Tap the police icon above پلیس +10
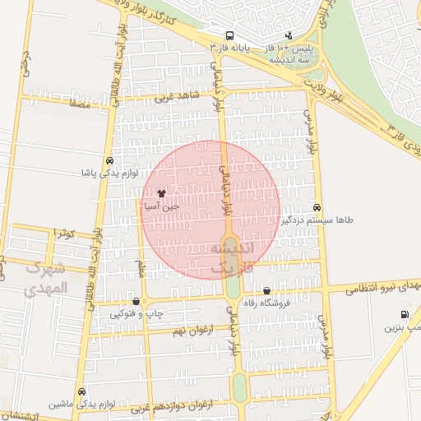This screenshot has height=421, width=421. point(289,36)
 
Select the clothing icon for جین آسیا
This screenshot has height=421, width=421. point(160,193)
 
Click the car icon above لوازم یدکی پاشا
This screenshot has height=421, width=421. point(109,160)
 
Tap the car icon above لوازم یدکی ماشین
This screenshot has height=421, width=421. point(81,391)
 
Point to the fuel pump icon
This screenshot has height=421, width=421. point(404,314)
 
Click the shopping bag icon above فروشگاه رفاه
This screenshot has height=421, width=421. point(266,290)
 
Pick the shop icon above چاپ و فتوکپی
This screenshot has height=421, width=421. point(136,301)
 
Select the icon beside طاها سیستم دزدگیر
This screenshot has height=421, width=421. point(317,208)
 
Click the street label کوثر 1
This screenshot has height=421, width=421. point(63,234)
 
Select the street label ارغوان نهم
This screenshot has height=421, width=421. point(188,331)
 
